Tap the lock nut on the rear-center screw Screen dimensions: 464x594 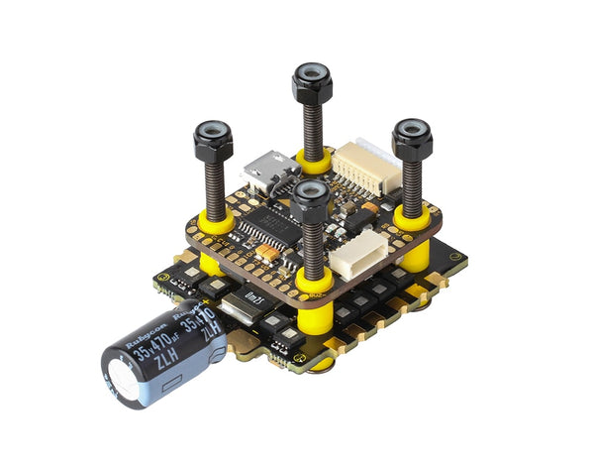(x=310, y=82)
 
